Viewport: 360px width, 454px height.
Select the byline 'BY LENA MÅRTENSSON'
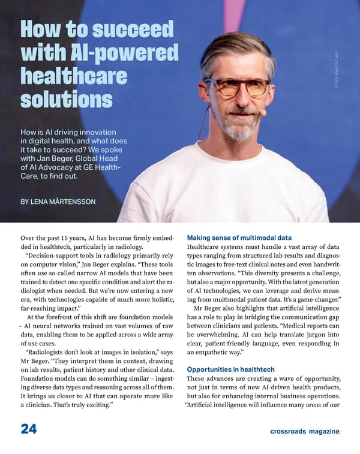58,202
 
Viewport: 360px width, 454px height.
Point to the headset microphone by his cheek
263,112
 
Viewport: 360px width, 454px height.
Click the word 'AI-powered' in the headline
127,54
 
